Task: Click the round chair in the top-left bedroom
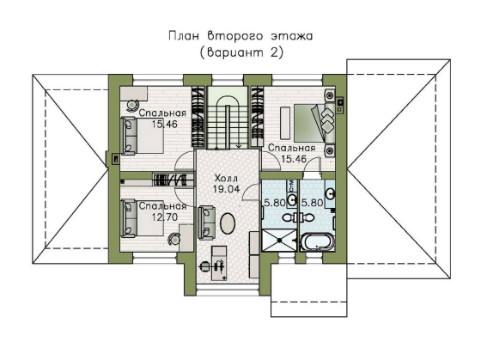coord(132,105)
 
